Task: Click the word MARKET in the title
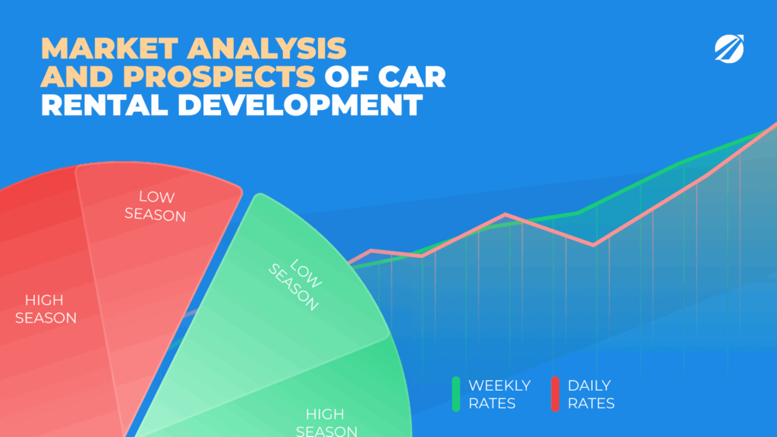pyautogui.click(x=109, y=49)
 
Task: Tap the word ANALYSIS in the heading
pyautogui.click(x=266, y=49)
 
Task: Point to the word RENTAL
pyautogui.click(x=105, y=105)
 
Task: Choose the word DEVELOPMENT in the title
pyautogui.click(x=300, y=105)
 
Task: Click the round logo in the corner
pyautogui.click(x=729, y=49)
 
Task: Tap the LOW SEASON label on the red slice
pyautogui.click(x=155, y=206)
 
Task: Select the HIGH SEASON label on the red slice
pyautogui.click(x=46, y=309)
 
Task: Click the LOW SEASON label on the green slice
pyautogui.click(x=295, y=285)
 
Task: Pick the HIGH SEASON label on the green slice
pyautogui.click(x=326, y=422)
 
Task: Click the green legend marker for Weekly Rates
pyautogui.click(x=456, y=394)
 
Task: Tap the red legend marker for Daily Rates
pyautogui.click(x=555, y=394)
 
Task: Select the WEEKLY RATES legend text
pyautogui.click(x=499, y=395)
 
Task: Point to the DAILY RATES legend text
pyautogui.click(x=591, y=395)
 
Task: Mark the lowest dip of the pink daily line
pyautogui.click(x=593, y=245)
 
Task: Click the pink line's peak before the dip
pyautogui.click(x=505, y=215)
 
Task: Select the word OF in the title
pyautogui.click(x=346, y=77)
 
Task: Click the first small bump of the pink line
pyautogui.click(x=372, y=250)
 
